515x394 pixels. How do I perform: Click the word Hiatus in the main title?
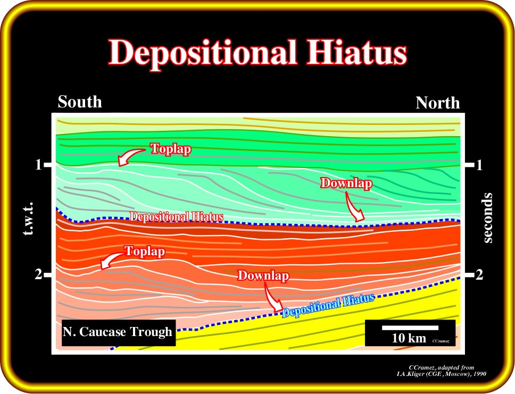(x=357, y=52)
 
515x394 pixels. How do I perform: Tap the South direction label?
(x=80, y=102)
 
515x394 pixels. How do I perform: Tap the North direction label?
(x=438, y=103)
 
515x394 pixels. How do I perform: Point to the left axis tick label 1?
(x=39, y=164)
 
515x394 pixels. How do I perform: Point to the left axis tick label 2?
(x=39, y=274)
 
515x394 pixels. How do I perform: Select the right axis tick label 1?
(x=479, y=165)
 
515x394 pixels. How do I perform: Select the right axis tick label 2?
(x=479, y=275)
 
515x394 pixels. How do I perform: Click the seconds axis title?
(x=488, y=218)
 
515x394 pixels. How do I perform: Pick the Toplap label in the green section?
(x=171, y=149)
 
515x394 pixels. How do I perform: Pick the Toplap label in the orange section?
(x=145, y=252)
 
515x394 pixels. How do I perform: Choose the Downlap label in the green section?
(x=346, y=183)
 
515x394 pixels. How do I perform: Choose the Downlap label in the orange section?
(x=263, y=275)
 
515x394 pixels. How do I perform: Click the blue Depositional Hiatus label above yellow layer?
(x=328, y=305)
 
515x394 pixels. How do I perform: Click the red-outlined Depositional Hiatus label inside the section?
(x=177, y=217)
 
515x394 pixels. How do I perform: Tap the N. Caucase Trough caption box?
(x=118, y=332)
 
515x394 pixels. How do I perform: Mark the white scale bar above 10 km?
(x=410, y=328)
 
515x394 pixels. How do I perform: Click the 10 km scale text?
(x=409, y=338)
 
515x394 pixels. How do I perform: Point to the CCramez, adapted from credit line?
(x=441, y=367)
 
